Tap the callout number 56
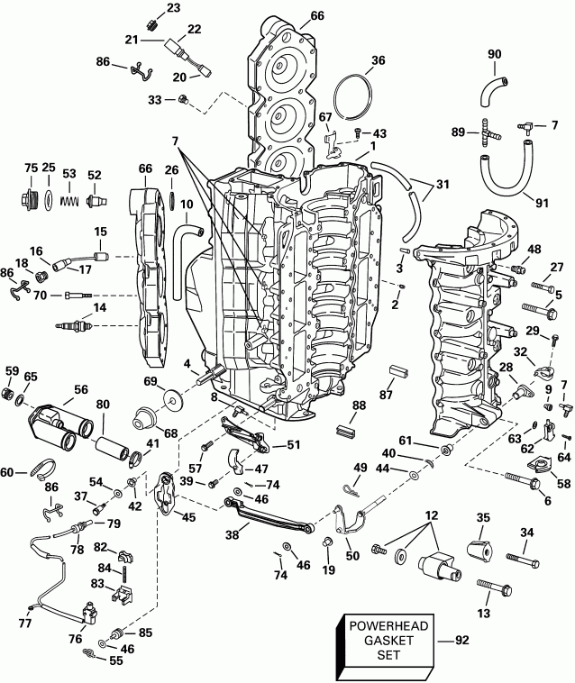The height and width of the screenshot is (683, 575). pyautogui.click(x=81, y=390)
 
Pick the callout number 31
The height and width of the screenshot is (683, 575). pyautogui.click(x=441, y=185)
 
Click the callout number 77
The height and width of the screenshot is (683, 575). pyautogui.click(x=25, y=623)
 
